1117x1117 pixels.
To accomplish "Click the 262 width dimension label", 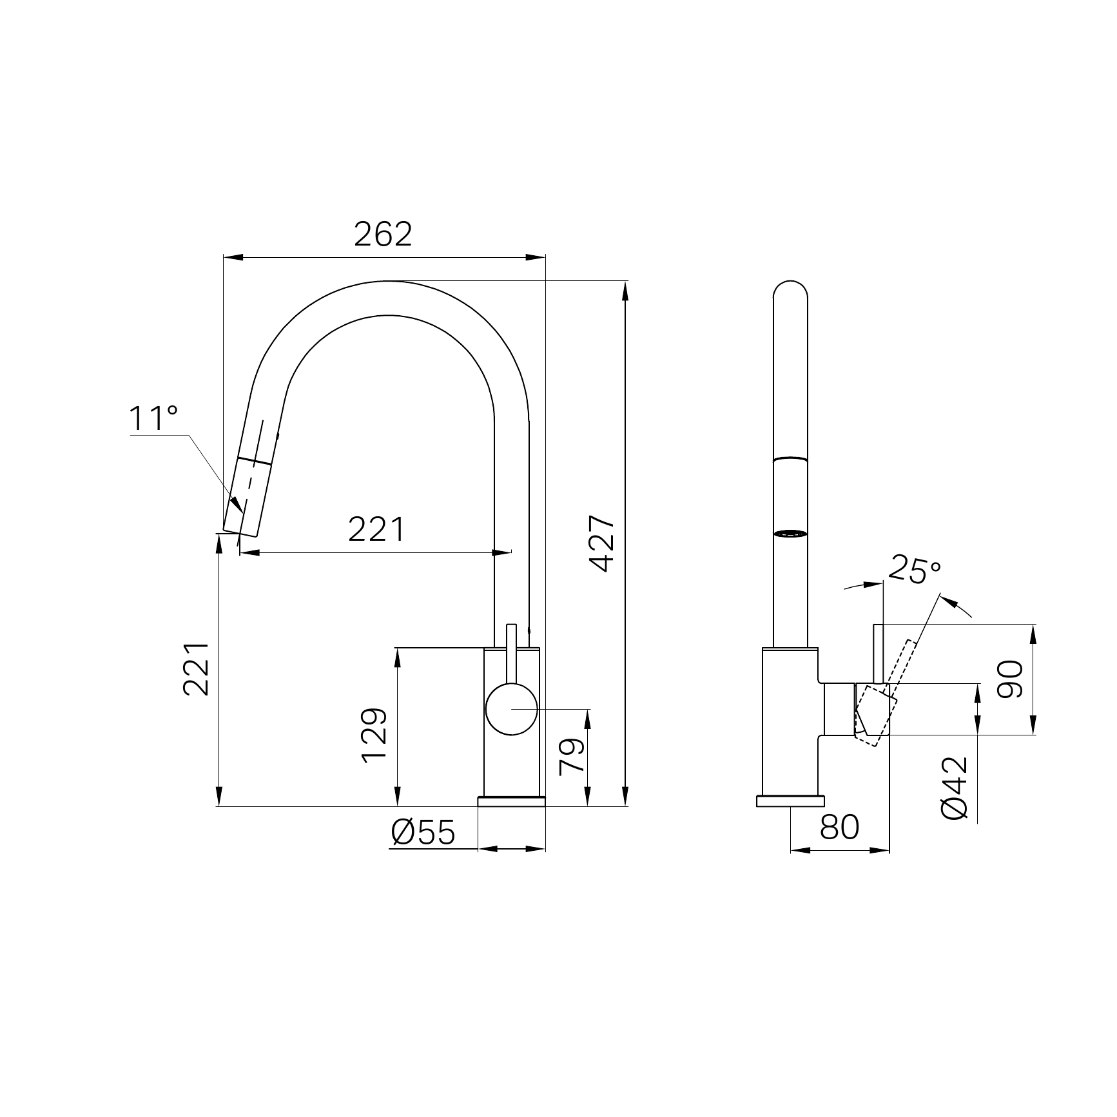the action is pyautogui.click(x=383, y=234).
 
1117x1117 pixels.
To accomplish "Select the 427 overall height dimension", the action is pyautogui.click(x=603, y=543).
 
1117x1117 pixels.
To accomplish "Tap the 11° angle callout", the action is pyautogui.click(x=153, y=418).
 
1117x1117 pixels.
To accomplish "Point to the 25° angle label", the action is pyautogui.click(x=915, y=569).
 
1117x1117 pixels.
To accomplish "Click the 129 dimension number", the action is pyautogui.click(x=374, y=735).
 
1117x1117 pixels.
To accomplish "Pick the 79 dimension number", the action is pyautogui.click(x=572, y=756).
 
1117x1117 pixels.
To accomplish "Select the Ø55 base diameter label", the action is pyautogui.click(x=423, y=833).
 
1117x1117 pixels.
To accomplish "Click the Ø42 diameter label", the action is pyautogui.click(x=955, y=788).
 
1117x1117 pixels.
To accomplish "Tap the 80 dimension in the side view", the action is pyautogui.click(x=840, y=827).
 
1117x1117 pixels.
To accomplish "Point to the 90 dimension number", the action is pyautogui.click(x=1009, y=679).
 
